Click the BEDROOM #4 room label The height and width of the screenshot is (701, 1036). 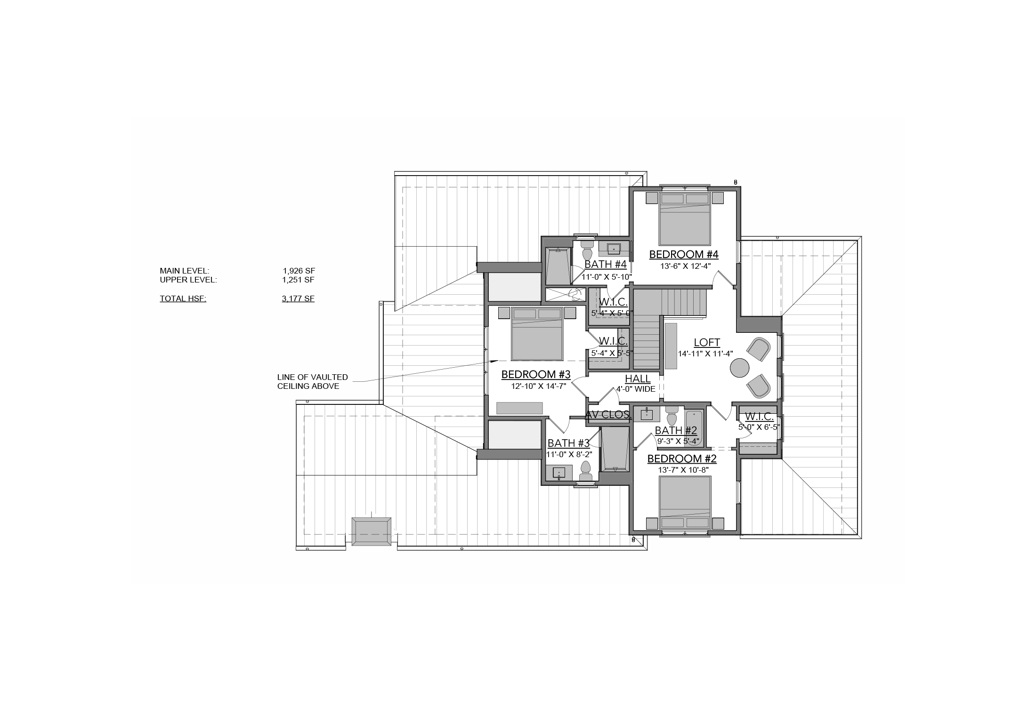click(x=683, y=255)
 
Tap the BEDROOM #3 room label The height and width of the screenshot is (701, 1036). click(x=536, y=375)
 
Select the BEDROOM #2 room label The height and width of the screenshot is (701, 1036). click(x=682, y=459)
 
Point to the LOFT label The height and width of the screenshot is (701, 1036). click(x=707, y=343)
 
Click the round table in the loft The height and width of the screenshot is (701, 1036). click(x=739, y=368)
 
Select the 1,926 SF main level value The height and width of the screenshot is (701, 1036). click(x=299, y=271)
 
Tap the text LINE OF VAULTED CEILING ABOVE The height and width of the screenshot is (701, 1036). click(x=313, y=382)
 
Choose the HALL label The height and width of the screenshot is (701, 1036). click(x=638, y=379)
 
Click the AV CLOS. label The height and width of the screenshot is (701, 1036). click(x=608, y=415)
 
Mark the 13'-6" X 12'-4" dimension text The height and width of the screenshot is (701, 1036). click(x=684, y=266)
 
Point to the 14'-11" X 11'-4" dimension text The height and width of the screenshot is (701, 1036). click(x=705, y=354)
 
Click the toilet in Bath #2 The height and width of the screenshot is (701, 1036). click(x=672, y=416)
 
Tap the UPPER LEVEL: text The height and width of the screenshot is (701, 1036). click(x=188, y=280)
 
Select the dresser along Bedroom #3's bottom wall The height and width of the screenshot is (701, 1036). click(x=519, y=408)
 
